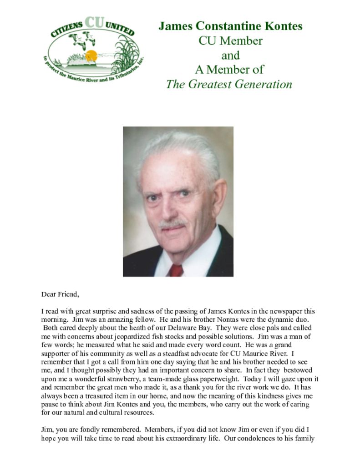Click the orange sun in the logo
(x=91, y=56)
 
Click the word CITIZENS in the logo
(x=66, y=30)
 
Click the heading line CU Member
(x=230, y=41)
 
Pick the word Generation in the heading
(x=264, y=84)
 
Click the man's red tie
(x=176, y=270)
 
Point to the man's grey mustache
(x=172, y=224)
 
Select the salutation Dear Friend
(x=60, y=294)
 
